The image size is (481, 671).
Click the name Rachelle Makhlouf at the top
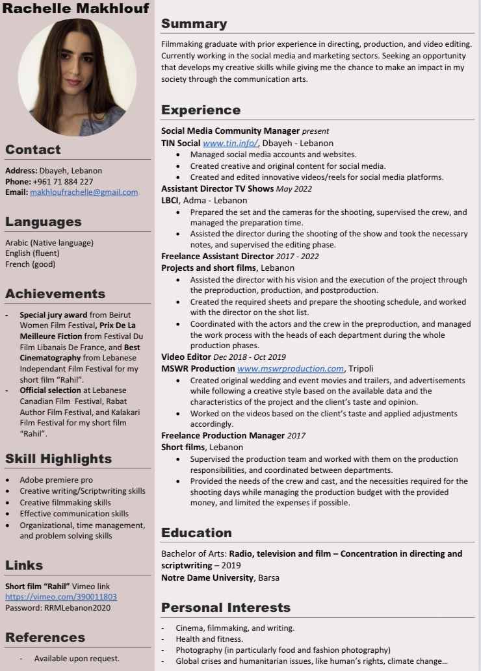click(x=75, y=8)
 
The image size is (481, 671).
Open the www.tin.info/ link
click(x=231, y=143)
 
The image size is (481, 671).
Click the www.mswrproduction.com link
click(x=291, y=368)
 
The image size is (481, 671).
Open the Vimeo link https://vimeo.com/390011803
click(x=61, y=597)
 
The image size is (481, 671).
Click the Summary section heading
click(x=194, y=24)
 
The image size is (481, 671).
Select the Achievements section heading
click(x=55, y=294)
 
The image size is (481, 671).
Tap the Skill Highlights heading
click(x=58, y=459)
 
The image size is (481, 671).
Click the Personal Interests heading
click(x=226, y=608)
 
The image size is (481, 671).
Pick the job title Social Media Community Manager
click(x=230, y=131)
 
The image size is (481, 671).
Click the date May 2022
click(x=294, y=189)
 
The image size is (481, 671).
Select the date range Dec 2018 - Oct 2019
click(x=248, y=357)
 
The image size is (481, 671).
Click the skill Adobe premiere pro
click(x=56, y=480)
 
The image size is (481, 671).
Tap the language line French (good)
click(x=30, y=264)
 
